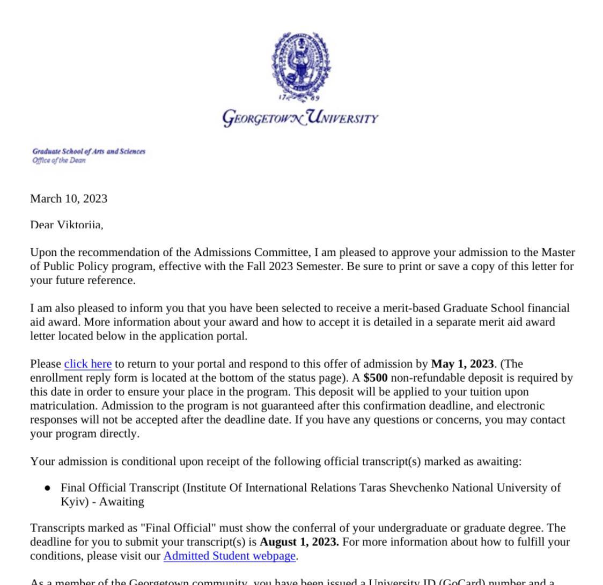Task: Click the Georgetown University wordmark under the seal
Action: click(x=300, y=117)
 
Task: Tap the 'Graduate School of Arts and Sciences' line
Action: click(x=89, y=151)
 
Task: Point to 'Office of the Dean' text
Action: click(x=59, y=160)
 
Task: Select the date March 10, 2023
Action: click(x=69, y=199)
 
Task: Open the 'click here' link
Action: click(x=87, y=364)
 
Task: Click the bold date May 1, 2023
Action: click(x=462, y=364)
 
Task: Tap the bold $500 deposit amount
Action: click(x=375, y=378)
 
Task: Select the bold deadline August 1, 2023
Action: click(x=299, y=542)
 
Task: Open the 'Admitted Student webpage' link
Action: click(x=229, y=556)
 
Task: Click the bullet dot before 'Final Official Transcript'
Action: click(x=48, y=488)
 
